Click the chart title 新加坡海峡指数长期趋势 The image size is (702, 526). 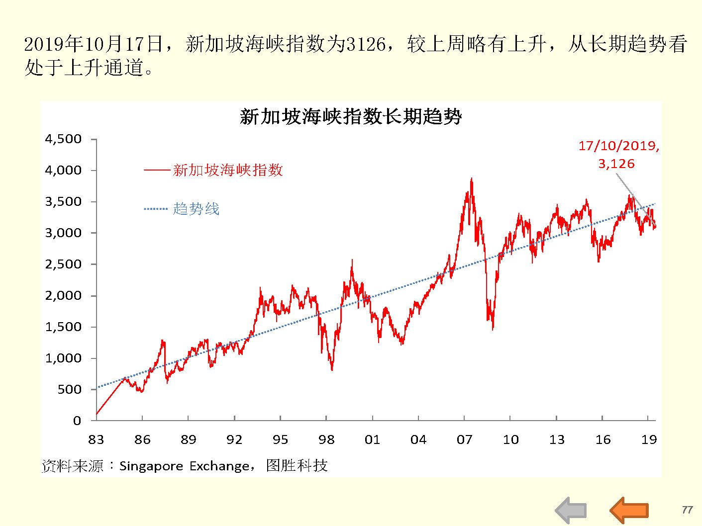coord(351,117)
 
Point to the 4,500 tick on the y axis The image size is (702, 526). coord(63,139)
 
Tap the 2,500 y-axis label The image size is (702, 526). coord(63,264)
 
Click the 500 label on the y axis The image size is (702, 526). coord(69,390)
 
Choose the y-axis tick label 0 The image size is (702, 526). coord(77,421)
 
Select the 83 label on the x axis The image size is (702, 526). coord(96,439)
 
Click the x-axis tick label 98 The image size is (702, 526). coord(326,439)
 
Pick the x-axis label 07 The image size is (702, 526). coord(464,439)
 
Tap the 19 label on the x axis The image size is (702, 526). coord(649,439)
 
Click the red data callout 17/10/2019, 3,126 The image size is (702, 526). coord(618,154)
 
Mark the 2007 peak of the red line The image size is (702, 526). coord(471,179)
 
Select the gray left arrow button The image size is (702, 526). coord(571,510)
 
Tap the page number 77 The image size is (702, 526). coord(687,510)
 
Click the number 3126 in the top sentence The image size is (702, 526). coord(366,44)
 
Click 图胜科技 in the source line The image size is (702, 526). coord(297,465)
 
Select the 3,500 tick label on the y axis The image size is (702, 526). coord(63,202)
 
